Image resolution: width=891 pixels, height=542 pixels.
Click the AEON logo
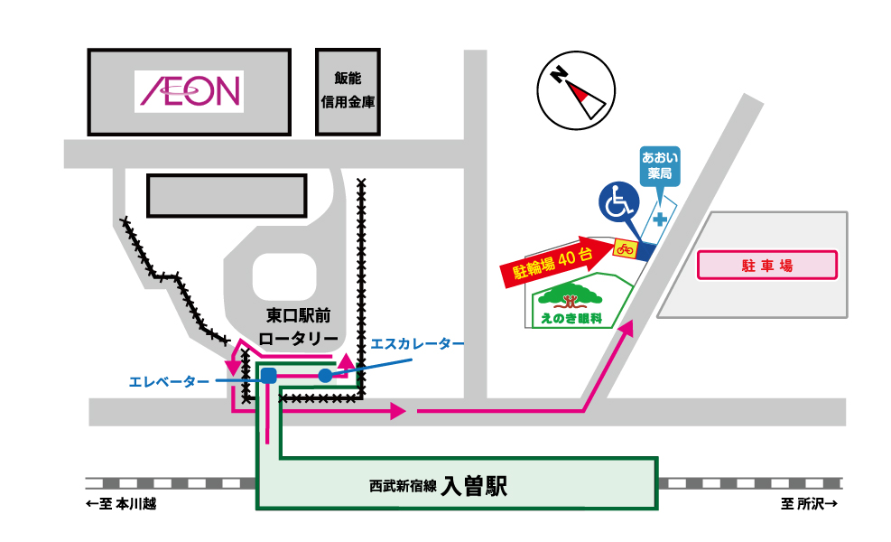tap(190, 90)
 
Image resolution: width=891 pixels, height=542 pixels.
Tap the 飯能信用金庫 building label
tap(348, 92)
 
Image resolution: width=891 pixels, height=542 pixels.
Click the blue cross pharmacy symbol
tap(661, 219)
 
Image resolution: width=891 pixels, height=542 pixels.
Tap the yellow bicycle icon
tap(625, 248)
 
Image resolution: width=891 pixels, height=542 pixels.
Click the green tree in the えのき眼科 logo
tap(571, 297)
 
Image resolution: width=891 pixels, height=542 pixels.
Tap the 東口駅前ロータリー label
tap(300, 327)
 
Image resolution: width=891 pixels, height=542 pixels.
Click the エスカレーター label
tap(418, 344)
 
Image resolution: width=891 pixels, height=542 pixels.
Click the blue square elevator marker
tap(268, 376)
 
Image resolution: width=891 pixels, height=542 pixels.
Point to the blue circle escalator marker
tap(325, 375)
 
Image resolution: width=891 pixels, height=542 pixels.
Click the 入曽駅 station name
tap(475, 487)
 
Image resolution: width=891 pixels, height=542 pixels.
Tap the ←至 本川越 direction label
tap(121, 504)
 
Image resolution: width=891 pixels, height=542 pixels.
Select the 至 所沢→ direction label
tap(810, 504)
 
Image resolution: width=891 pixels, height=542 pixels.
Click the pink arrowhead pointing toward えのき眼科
tap(626, 329)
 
